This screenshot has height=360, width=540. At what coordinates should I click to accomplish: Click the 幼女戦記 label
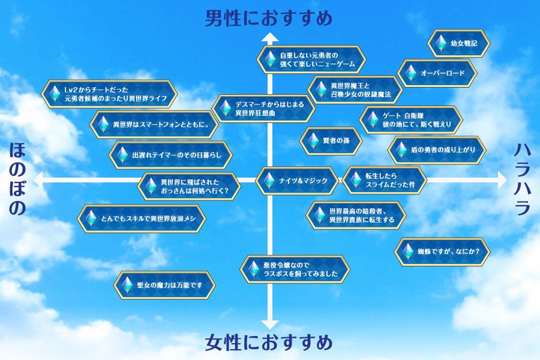[459, 43]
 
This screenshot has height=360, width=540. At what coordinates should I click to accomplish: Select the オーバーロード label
[437, 73]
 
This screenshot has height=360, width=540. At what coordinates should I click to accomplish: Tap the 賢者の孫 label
[331, 141]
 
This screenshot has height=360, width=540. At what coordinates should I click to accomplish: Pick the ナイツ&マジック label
[297, 181]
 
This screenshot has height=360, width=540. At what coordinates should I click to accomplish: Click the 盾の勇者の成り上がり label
[437, 150]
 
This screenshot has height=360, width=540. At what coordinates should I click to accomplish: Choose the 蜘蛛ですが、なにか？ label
[442, 251]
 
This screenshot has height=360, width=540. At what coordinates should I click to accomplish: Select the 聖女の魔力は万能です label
[164, 285]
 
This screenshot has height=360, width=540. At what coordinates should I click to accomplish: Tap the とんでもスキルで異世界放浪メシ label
[142, 218]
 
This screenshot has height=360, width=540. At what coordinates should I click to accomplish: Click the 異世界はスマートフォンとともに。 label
[154, 124]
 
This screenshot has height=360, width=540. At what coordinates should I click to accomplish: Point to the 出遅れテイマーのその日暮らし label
[170, 155]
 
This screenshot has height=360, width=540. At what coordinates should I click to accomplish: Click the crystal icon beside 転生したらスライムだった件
[355, 180]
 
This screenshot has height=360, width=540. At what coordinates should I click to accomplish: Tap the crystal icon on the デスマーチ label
[225, 109]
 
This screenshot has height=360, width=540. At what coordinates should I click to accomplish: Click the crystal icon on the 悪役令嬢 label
[253, 269]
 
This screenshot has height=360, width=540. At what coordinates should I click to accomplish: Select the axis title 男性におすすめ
[269, 18]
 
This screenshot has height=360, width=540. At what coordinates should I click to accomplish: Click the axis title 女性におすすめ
[269, 343]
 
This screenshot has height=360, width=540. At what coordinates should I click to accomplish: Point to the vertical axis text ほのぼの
[17, 179]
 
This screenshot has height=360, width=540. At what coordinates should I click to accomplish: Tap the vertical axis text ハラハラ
[523, 179]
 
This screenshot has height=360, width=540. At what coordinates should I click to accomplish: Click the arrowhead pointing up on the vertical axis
[270, 37]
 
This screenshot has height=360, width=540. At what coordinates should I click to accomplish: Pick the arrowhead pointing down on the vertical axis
[270, 325]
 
